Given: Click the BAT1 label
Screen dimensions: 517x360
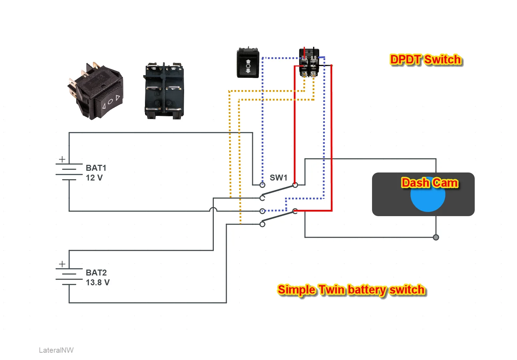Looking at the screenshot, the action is (x=96, y=168).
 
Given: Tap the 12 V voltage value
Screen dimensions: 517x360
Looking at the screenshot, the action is (x=94, y=178).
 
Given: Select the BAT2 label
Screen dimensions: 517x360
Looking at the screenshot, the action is (x=96, y=273).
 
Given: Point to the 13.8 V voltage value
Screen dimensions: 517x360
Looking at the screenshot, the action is (x=97, y=282).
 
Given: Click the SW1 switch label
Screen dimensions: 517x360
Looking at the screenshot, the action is (x=278, y=178).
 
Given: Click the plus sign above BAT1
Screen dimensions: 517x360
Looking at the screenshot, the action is (x=62, y=159).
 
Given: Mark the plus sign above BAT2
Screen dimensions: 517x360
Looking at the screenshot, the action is (x=62, y=264).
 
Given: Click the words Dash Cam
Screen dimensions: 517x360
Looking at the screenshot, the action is (x=430, y=183).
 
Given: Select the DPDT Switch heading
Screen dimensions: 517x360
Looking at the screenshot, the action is (x=426, y=60).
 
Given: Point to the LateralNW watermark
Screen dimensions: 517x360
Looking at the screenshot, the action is (x=56, y=350).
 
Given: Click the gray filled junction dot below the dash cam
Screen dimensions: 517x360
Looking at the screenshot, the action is (x=436, y=237).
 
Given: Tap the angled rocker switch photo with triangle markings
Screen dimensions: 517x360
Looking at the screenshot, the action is (x=95, y=91).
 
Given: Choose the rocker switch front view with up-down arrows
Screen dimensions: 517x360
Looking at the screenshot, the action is (x=248, y=63).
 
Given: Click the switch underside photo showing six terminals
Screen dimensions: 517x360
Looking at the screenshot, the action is (x=163, y=91).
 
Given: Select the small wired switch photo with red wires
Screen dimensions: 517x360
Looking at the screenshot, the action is (x=310, y=62).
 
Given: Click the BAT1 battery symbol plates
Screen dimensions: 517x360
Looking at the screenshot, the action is (x=69, y=172).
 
